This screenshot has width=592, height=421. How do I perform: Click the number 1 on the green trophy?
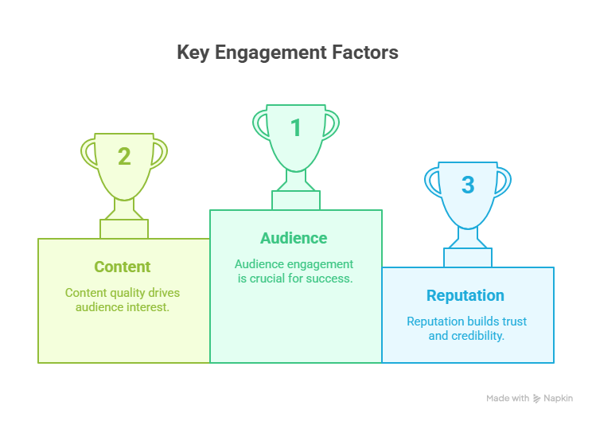tap(296, 127)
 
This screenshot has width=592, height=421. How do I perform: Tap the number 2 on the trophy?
tap(124, 156)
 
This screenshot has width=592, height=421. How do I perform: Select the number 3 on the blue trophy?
tap(468, 185)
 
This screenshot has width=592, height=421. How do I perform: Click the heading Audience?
tap(294, 238)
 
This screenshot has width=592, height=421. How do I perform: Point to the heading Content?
tap(123, 267)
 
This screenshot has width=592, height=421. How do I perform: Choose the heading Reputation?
tap(465, 295)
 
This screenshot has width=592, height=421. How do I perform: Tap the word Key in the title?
tap(193, 53)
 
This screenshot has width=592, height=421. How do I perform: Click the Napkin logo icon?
tap(536, 399)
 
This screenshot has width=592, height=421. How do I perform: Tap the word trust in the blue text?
tap(514, 322)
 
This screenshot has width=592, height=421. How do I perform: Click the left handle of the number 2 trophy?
tap(89, 154)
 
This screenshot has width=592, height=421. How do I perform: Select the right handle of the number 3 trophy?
tap(503, 182)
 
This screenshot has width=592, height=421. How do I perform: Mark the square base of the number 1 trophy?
tap(296, 201)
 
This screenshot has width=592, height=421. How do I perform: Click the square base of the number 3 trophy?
tap(468, 258)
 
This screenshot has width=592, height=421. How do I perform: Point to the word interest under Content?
tap(148, 307)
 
